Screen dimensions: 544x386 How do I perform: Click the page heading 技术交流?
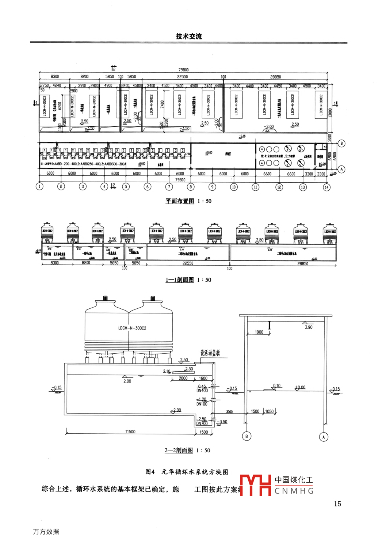[x=188, y=36]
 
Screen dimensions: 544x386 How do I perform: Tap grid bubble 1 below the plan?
[x=39, y=186]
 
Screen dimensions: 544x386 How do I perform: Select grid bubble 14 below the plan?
[x=326, y=187]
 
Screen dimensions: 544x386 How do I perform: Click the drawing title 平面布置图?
[x=180, y=201]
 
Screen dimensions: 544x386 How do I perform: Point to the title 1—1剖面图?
[x=180, y=280]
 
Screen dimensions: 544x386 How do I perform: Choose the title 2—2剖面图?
[x=179, y=450]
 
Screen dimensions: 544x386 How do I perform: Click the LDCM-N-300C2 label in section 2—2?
[x=132, y=328]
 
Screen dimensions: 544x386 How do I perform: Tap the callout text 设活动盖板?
[x=210, y=353]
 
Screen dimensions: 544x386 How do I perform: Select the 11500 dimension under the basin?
[x=130, y=432]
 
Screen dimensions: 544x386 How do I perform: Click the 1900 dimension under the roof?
[x=259, y=332]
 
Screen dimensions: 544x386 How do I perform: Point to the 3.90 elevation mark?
[x=309, y=327]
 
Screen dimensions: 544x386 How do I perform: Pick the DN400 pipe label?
[x=202, y=391]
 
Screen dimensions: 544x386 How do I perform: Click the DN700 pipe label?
[x=202, y=423]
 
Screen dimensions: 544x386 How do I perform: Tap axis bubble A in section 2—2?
[x=324, y=437]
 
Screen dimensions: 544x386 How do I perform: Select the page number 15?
[x=337, y=504]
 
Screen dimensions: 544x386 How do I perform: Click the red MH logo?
[x=255, y=485]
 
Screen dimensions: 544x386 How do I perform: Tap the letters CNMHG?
[x=294, y=491]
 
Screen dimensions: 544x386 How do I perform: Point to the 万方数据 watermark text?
[x=46, y=532]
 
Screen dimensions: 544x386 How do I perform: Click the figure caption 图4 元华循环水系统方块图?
[x=187, y=472]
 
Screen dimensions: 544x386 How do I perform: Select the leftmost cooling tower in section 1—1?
[x=47, y=233]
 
